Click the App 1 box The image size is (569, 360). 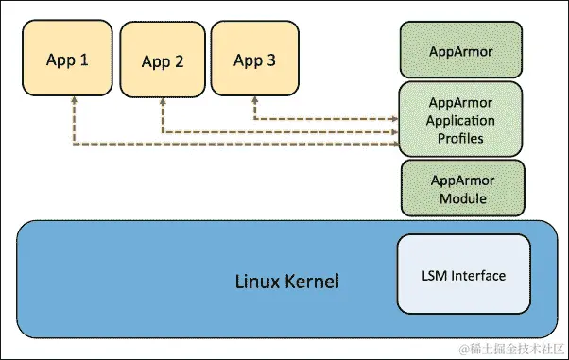68,60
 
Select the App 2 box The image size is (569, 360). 163,61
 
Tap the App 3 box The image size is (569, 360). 254,60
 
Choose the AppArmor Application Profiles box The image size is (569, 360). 461,119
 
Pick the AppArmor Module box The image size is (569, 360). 461,188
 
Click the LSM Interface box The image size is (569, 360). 463,276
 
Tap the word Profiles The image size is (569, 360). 461,138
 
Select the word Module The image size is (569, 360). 461,198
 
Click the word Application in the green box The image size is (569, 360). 461,121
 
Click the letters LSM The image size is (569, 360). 433,276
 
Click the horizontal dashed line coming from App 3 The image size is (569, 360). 321,119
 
